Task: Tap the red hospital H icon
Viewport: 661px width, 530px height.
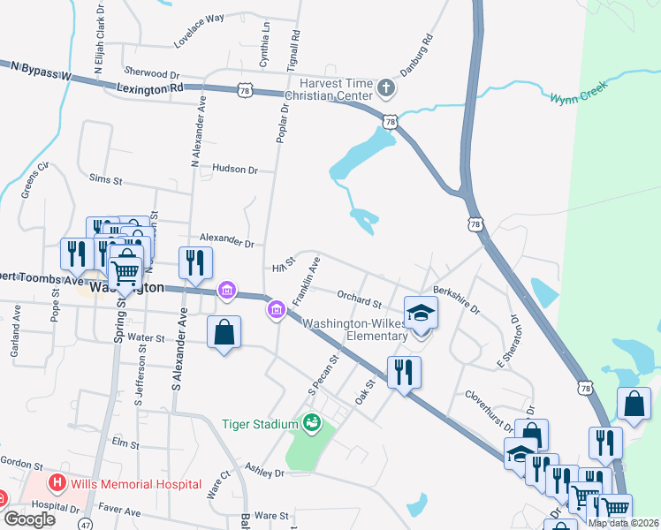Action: (x=57, y=483)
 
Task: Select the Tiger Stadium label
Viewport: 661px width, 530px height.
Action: (x=260, y=424)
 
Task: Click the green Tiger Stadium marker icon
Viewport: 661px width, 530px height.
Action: (x=311, y=424)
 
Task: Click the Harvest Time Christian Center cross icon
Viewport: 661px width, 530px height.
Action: (x=385, y=87)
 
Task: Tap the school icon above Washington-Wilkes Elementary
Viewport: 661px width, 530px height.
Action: (x=421, y=313)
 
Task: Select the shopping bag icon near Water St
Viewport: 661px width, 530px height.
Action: (x=224, y=333)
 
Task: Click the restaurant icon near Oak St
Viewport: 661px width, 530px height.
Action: (x=404, y=371)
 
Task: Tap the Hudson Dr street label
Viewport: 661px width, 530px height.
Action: (x=235, y=170)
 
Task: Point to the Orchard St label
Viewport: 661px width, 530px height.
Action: (x=358, y=299)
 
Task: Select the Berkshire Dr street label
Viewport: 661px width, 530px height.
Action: (x=455, y=300)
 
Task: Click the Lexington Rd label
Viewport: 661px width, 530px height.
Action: (x=149, y=87)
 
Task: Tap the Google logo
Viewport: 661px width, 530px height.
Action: (x=29, y=519)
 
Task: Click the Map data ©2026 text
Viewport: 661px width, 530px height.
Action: (x=623, y=523)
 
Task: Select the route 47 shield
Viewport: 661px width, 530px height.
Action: (x=85, y=524)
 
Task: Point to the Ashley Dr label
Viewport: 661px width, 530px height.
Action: (x=265, y=472)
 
